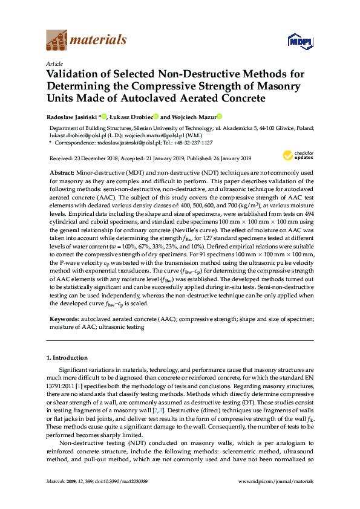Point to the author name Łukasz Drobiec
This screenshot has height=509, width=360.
pos(131,117)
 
